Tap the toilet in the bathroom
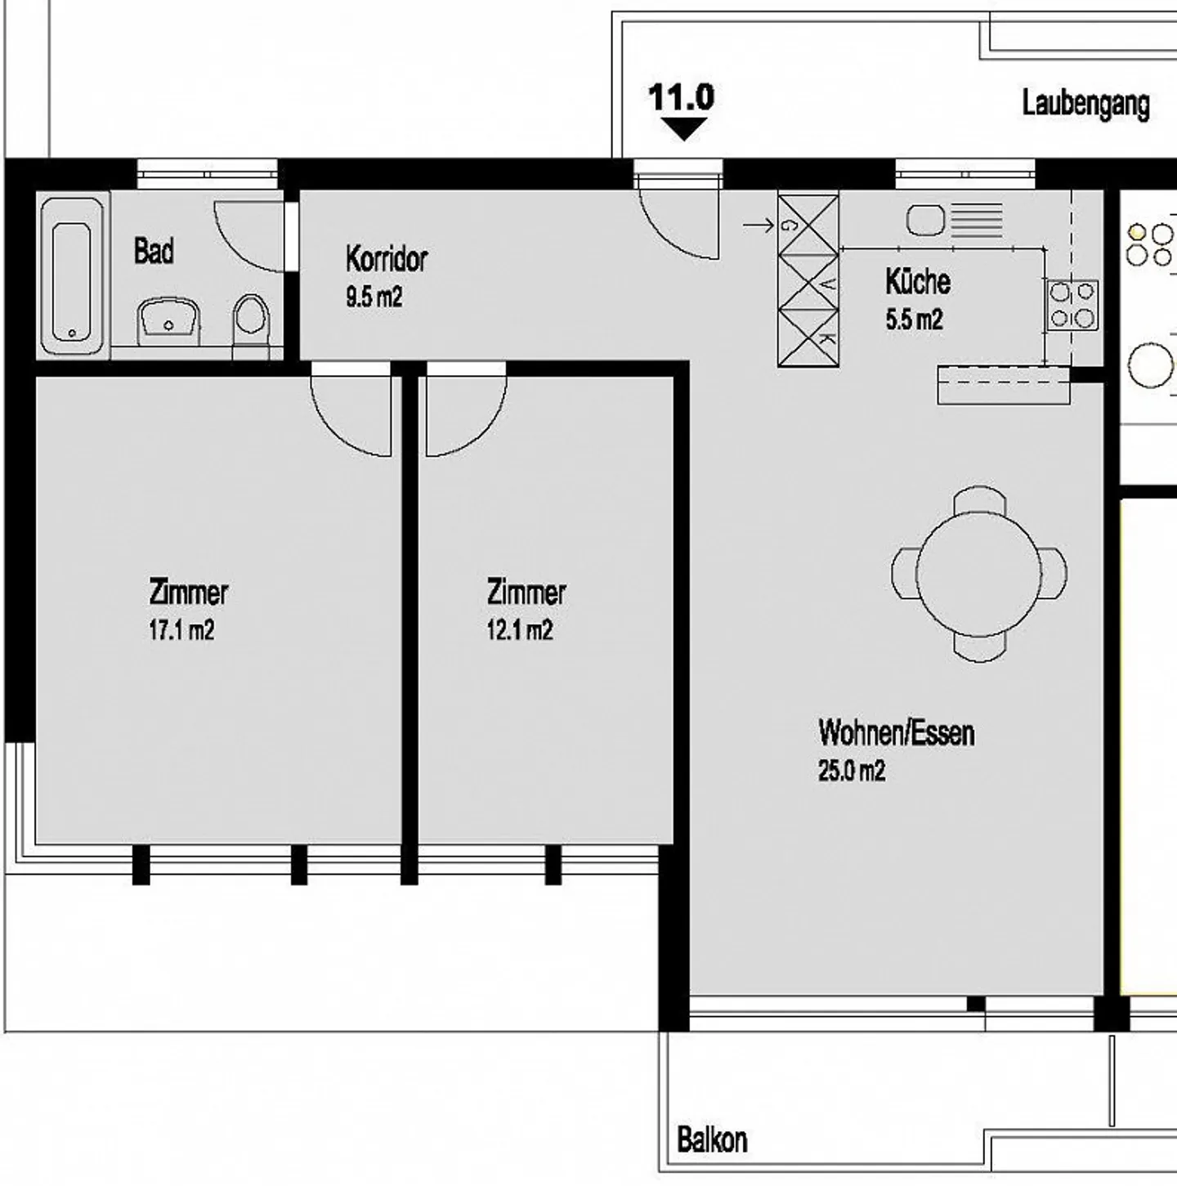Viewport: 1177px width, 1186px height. tap(251, 326)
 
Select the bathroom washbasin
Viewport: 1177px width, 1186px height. tap(168, 322)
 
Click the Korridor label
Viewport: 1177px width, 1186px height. tap(387, 259)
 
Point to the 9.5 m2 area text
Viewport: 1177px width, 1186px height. tap(374, 298)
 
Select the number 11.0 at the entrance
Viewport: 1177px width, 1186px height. tap(682, 97)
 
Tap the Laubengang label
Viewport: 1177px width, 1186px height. tap(1086, 105)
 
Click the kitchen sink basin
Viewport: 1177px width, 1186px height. tap(925, 221)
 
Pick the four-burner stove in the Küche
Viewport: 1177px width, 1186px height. tap(1073, 305)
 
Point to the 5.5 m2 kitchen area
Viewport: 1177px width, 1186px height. tap(914, 320)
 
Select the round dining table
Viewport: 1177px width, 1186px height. tap(978, 574)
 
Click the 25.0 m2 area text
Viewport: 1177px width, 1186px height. tap(852, 771)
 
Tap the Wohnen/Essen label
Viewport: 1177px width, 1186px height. tap(897, 733)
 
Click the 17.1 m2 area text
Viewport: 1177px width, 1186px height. tap(181, 630)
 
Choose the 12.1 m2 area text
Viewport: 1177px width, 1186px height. tap(520, 630)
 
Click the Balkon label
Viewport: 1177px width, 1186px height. tap(712, 1140)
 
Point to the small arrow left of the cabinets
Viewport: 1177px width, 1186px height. tap(759, 226)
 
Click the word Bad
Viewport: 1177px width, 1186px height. tap(154, 251)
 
